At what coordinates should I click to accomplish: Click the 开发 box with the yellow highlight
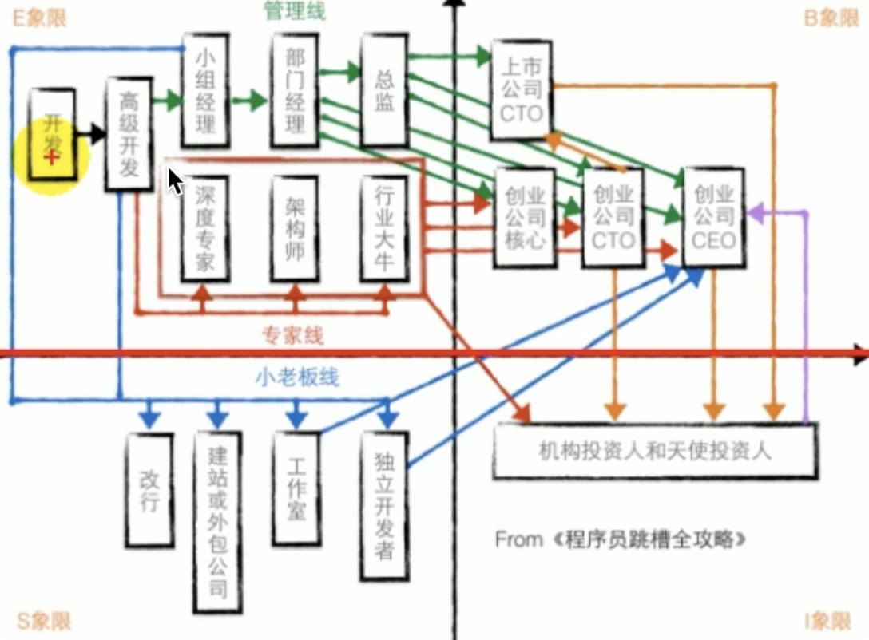pyautogui.click(x=52, y=133)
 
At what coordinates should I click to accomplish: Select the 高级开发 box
pyautogui.click(x=129, y=135)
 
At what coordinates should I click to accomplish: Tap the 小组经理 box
pyautogui.click(x=205, y=90)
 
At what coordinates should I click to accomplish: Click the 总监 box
pyautogui.click(x=384, y=90)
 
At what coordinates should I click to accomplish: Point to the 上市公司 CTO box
pyautogui.click(x=521, y=89)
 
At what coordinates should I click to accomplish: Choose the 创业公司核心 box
pyautogui.click(x=524, y=218)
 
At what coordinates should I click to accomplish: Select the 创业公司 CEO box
pyautogui.click(x=714, y=217)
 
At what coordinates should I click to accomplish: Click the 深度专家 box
pyautogui.click(x=205, y=229)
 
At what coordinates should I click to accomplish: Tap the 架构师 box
pyautogui.click(x=295, y=229)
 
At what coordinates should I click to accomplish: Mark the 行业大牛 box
pyautogui.click(x=384, y=229)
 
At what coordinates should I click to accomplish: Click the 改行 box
pyautogui.click(x=149, y=490)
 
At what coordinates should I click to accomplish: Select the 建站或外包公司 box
pyautogui.click(x=218, y=523)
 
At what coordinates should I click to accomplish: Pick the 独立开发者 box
pyautogui.click(x=384, y=506)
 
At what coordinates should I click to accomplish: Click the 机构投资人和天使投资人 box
pyautogui.click(x=655, y=451)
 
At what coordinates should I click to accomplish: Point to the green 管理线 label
pyautogui.click(x=295, y=10)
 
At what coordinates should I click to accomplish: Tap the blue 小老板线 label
pyautogui.click(x=297, y=377)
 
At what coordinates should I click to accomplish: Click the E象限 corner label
pyautogui.click(x=39, y=18)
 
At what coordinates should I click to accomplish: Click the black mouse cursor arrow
pyautogui.click(x=175, y=181)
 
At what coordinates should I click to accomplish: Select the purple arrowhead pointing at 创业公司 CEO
pyautogui.click(x=756, y=213)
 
